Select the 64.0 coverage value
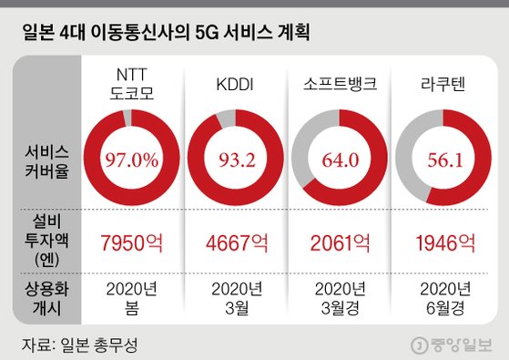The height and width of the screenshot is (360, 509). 338,161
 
